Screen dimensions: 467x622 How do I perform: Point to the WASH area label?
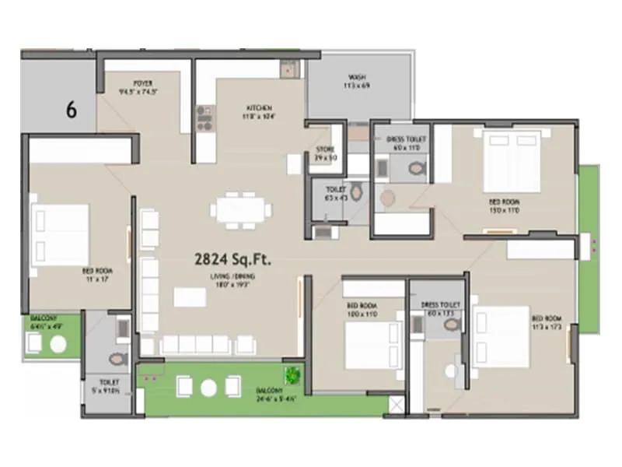coord(357,80)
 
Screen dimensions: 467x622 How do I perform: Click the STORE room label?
coord(325,153)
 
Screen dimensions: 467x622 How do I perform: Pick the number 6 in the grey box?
coord(71,110)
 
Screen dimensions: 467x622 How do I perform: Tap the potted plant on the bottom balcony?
coord(292,375)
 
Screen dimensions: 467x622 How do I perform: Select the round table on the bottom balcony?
coord(208,387)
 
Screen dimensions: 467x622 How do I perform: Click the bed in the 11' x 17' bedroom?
coord(61,234)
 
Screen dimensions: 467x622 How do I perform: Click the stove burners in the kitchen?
coord(204,118)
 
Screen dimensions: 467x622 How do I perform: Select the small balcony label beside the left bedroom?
coord(44,324)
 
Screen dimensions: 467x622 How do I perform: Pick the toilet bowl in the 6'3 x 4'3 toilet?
coord(356,191)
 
